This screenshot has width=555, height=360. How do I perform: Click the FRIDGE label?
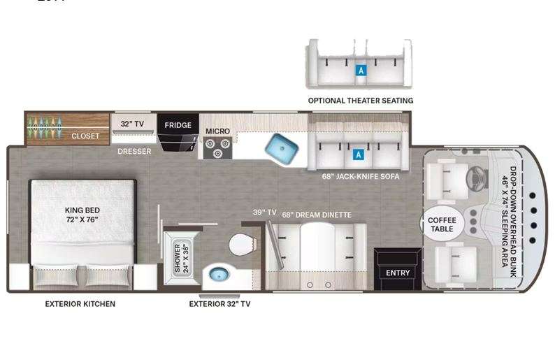coord(178,125)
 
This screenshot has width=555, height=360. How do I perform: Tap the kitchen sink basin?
coord(282,149)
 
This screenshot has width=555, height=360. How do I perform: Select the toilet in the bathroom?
coord(242,244)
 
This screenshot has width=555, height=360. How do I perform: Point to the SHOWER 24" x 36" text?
coord(182,259)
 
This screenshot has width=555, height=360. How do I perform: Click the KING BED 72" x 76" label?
coord(82,215)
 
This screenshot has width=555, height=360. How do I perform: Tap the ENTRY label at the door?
coord(398,273)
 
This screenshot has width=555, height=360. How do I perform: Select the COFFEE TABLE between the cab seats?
coord(442,224)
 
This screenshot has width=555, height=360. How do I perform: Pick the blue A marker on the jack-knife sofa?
coord(358,154)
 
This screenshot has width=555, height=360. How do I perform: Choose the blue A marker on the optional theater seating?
coord(361,71)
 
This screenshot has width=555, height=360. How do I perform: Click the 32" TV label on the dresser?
coord(132,124)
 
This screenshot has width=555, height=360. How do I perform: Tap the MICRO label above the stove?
coord(217,131)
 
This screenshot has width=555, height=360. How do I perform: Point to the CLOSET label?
coord(85,136)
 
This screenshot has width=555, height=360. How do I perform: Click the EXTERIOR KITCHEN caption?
coord(80,304)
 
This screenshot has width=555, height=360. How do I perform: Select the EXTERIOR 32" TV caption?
coord(219,304)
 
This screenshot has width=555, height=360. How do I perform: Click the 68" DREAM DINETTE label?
coord(317,215)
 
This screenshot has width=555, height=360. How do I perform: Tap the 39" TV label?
coord(264,213)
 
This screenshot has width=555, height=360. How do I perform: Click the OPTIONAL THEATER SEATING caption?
coord(361,101)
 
